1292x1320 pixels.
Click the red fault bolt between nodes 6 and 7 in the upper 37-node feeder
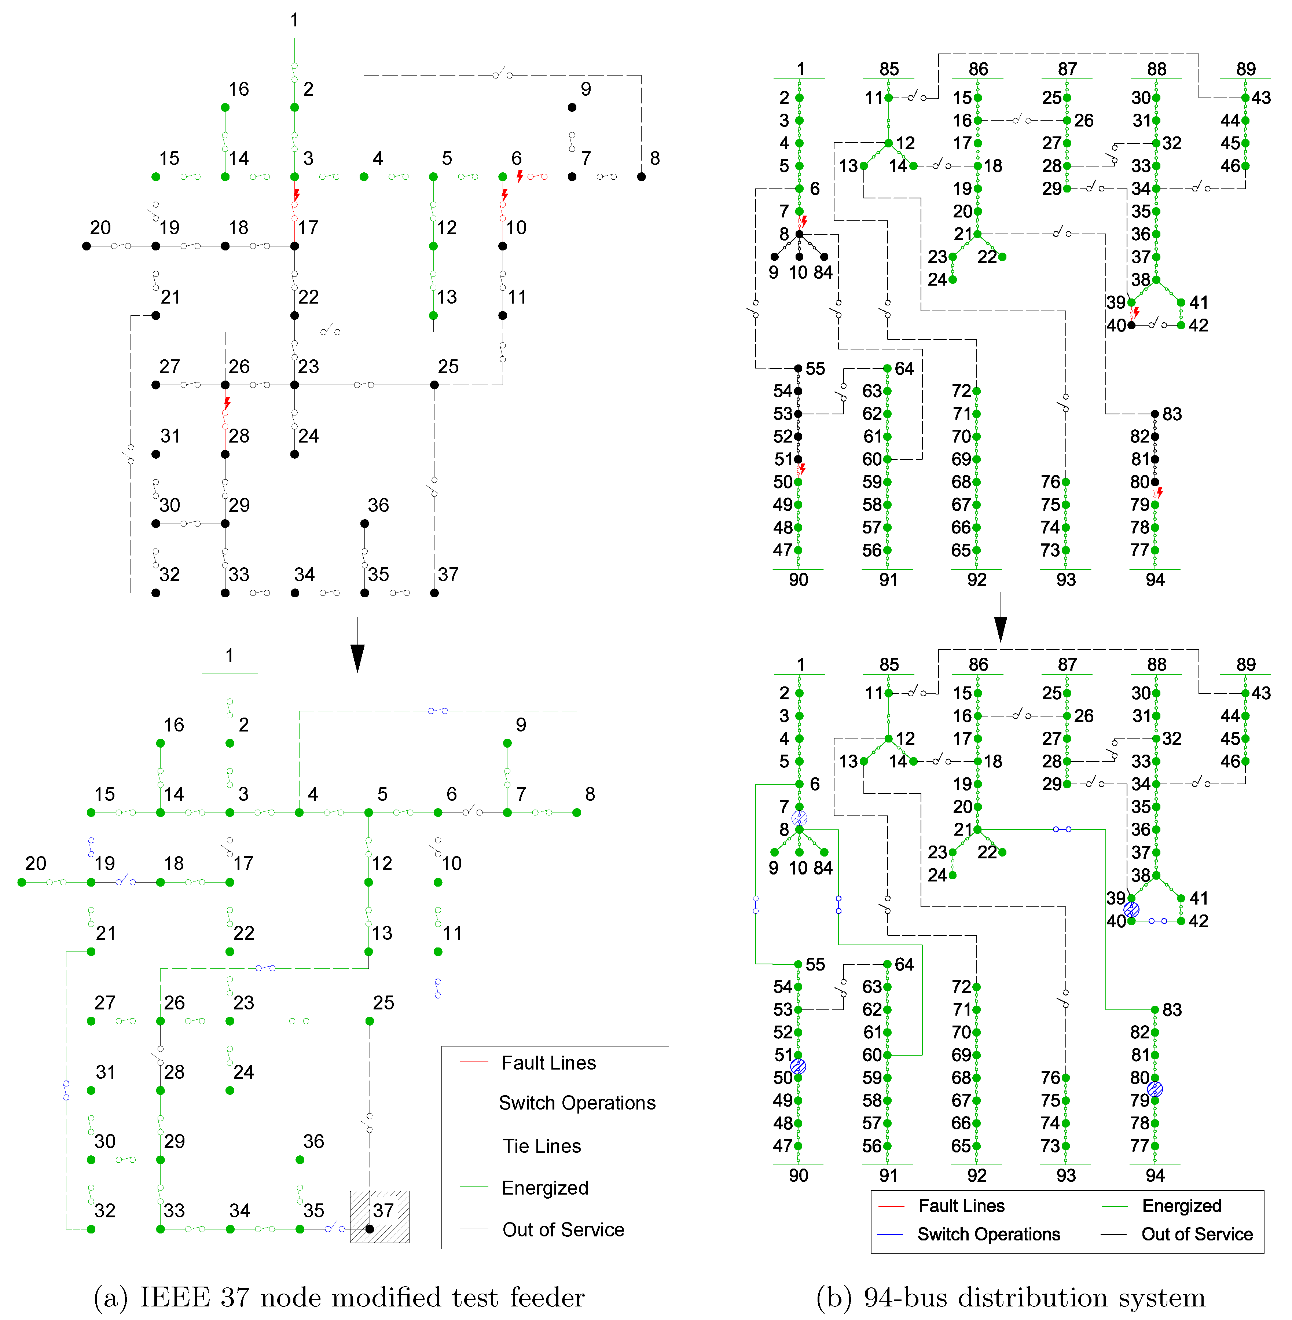[x=520, y=176]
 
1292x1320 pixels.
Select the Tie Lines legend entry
[x=542, y=1146]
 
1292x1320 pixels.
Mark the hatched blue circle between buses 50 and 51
[x=798, y=1066]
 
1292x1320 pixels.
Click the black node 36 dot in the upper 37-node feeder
[x=364, y=523]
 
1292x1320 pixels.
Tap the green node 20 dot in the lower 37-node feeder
[x=22, y=882]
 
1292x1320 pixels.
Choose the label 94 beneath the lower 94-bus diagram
[x=1155, y=1176]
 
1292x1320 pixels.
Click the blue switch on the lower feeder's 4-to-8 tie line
[x=438, y=711]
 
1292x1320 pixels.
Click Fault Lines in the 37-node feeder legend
[x=548, y=1063]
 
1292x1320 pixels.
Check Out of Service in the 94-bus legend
[x=1196, y=1235]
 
